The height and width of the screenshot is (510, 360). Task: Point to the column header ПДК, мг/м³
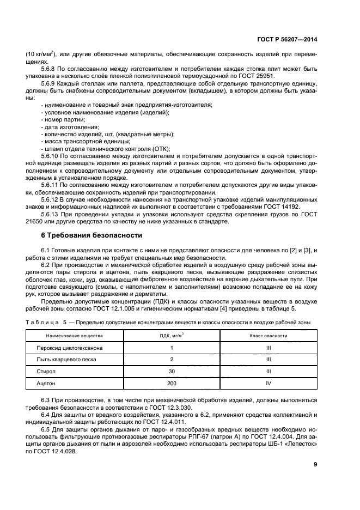coord(172,336)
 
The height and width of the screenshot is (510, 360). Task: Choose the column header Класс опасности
coord(269,336)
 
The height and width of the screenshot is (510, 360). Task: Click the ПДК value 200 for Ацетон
coord(172,385)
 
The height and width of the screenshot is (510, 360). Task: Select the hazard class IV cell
coord(269,385)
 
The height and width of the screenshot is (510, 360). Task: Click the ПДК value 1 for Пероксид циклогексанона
coord(172,348)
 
